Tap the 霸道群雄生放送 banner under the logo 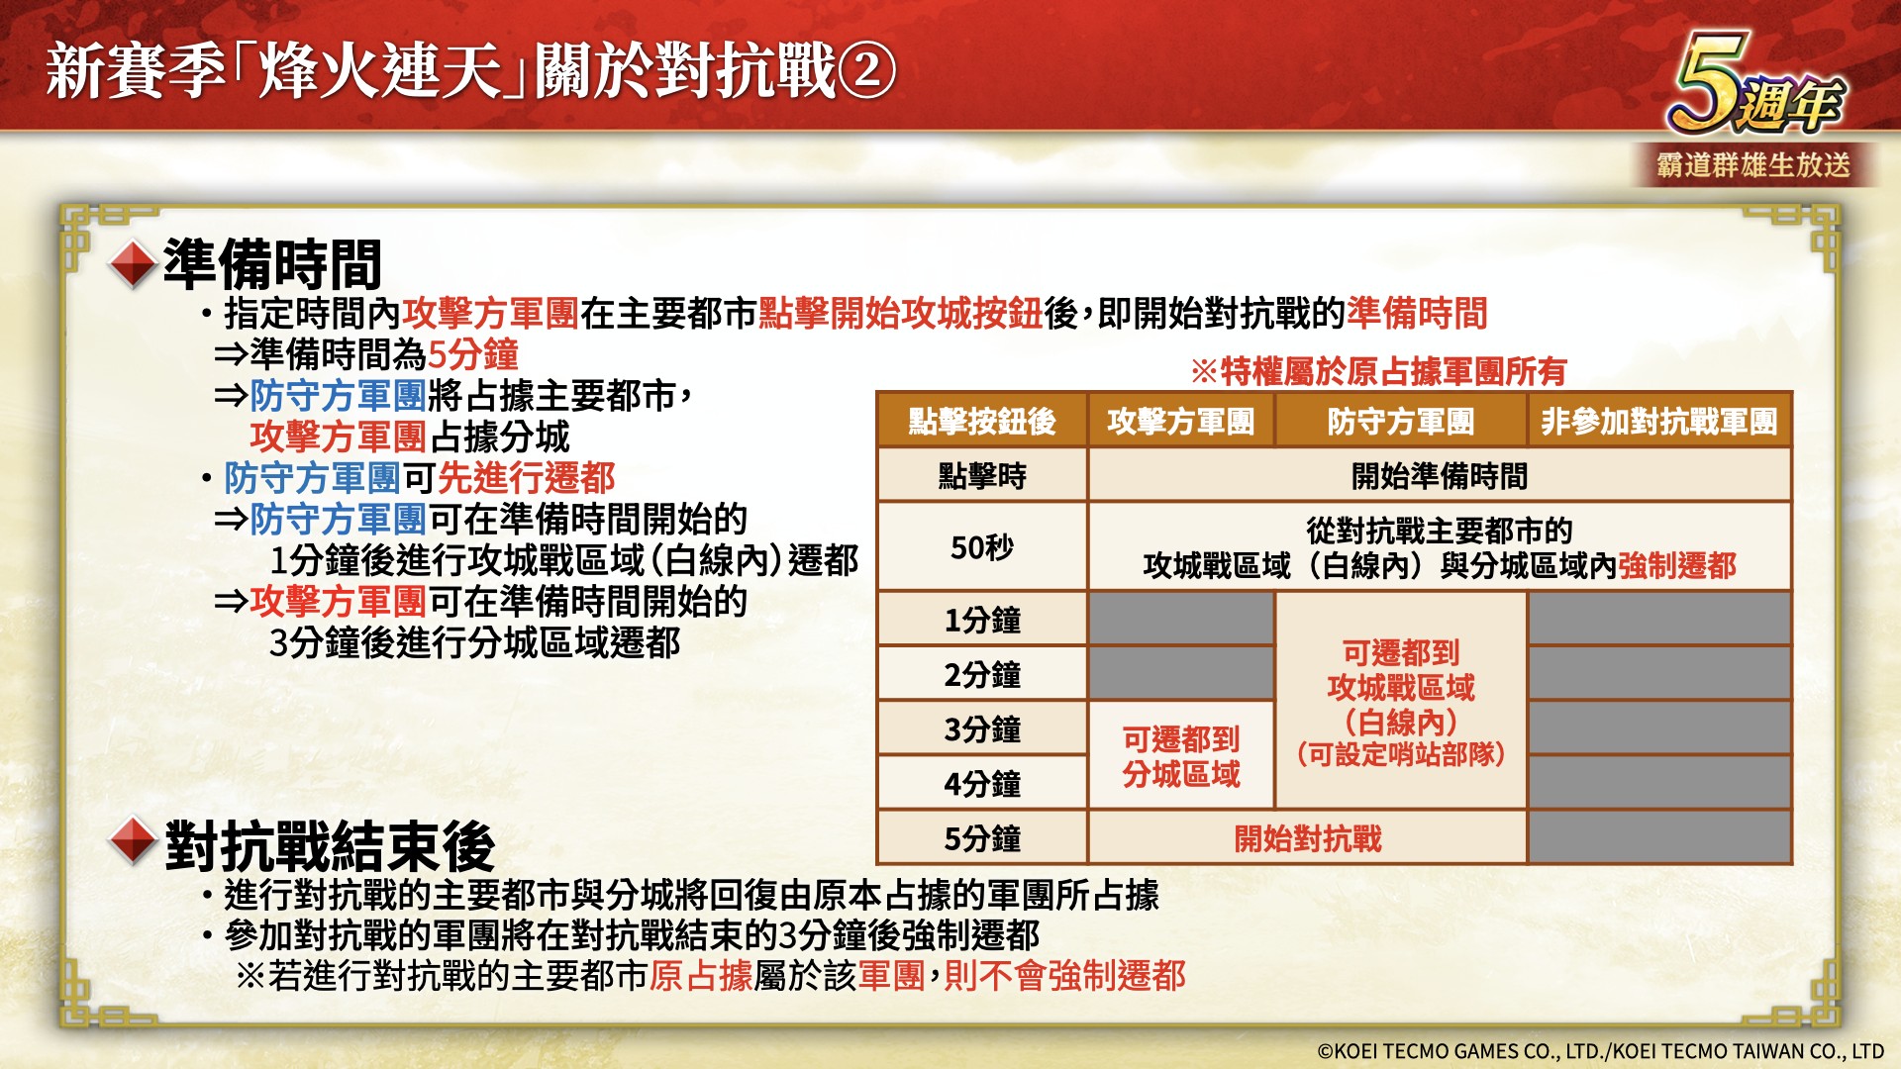tap(1754, 164)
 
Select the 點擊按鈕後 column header tap(982, 421)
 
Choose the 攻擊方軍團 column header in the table tap(1181, 421)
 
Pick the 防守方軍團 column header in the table tap(1401, 421)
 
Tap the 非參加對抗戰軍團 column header tap(1659, 421)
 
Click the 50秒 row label tap(982, 547)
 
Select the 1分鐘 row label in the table tap(982, 620)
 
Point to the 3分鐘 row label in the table tap(982, 729)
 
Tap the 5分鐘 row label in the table tap(982, 838)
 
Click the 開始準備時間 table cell tap(1440, 476)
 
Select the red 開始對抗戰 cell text tap(1308, 838)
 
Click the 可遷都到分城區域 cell tap(1181, 756)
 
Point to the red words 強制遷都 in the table tap(1677, 565)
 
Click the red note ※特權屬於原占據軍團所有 tap(1378, 371)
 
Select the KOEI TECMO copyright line tap(1600, 1051)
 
